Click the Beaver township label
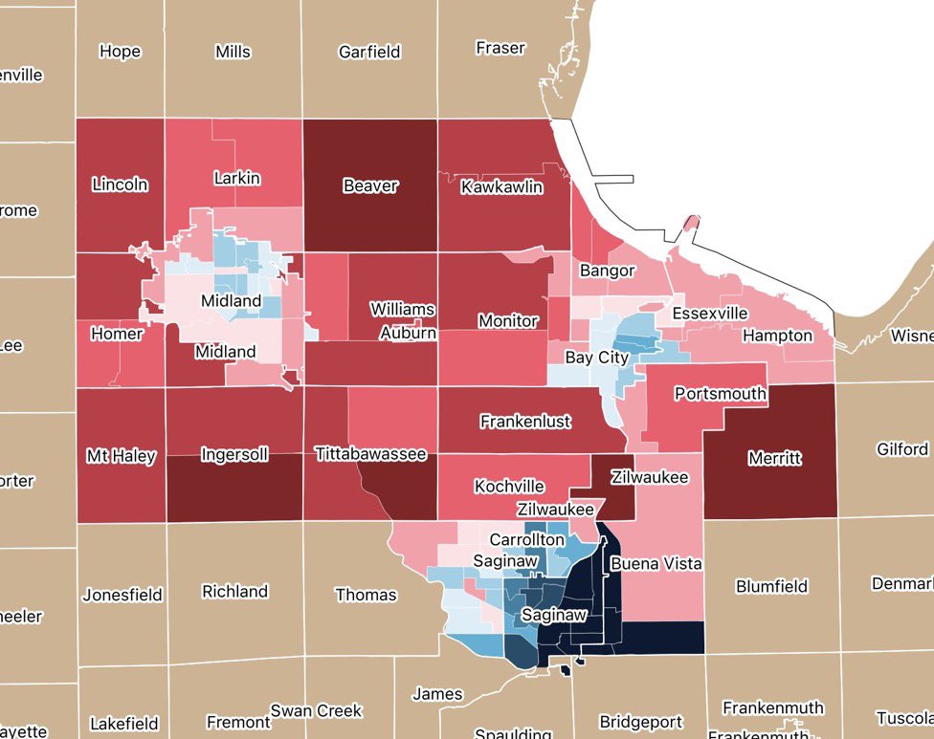(x=369, y=185)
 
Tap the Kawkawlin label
(x=501, y=186)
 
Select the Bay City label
(x=596, y=358)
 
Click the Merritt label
(x=775, y=458)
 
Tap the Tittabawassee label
(x=370, y=454)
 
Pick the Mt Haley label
(x=121, y=456)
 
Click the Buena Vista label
(x=656, y=563)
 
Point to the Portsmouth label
(x=720, y=393)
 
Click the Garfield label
(x=368, y=52)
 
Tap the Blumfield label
(x=772, y=586)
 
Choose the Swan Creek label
(x=316, y=710)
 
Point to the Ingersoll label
(x=235, y=454)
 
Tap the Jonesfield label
(x=122, y=595)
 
